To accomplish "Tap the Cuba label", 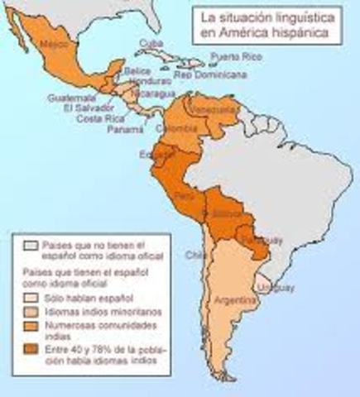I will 149,43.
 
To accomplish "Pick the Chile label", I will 196,254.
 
